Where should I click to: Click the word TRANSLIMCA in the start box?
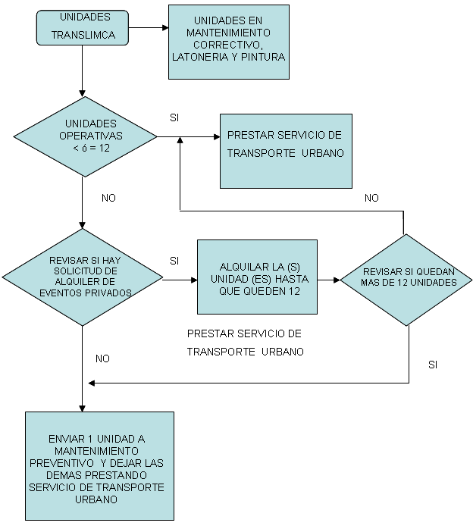(x=83, y=35)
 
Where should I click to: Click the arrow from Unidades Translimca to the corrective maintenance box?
(x=149, y=28)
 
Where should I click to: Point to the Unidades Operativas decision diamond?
(x=86, y=136)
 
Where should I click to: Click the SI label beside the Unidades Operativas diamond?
(x=174, y=117)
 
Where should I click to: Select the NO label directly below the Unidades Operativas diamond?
(x=108, y=198)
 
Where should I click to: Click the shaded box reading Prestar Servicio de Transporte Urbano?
(x=286, y=151)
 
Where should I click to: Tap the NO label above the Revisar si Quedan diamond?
(x=371, y=198)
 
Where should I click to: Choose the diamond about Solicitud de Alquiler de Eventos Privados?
(x=83, y=277)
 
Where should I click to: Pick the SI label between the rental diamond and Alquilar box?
(x=174, y=261)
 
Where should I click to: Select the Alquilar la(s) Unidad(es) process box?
(x=257, y=277)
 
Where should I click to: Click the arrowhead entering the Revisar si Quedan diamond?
(x=337, y=280)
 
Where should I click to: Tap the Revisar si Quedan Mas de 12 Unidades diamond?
(x=406, y=280)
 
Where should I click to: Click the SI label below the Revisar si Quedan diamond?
(x=433, y=365)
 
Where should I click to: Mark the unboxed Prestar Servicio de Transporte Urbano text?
(x=246, y=343)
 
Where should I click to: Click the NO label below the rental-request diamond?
(x=102, y=358)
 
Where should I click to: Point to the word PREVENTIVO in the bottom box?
(x=61, y=463)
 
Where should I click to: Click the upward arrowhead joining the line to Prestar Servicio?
(x=180, y=140)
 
